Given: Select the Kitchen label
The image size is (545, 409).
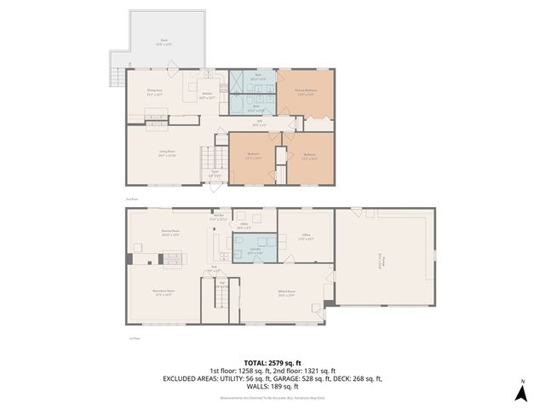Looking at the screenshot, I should pyautogui.click(x=207, y=95).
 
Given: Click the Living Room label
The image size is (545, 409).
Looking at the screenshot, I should pyautogui.click(x=166, y=153).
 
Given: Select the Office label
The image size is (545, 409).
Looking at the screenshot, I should pyautogui.click(x=306, y=236).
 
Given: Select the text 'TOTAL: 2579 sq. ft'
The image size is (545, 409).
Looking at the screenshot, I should pyautogui.click(x=272, y=362).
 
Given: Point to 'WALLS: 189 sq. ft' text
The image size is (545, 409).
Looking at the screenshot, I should pyautogui.click(x=272, y=386).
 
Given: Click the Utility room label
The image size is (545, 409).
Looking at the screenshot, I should pyautogui.click(x=243, y=225).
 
